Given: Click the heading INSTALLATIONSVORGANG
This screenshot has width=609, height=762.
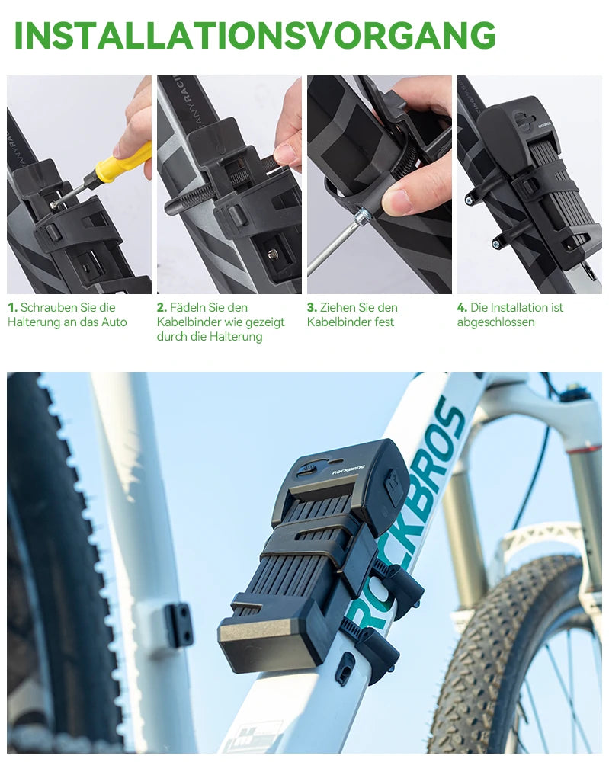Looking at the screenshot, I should click(255, 35).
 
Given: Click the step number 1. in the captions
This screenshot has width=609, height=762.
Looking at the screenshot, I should click(12, 308).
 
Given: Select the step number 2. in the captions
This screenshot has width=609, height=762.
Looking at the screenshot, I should click(162, 308).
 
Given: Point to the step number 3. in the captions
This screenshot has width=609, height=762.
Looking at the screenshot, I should click(312, 308).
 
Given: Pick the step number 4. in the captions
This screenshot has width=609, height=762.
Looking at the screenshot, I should click(462, 308).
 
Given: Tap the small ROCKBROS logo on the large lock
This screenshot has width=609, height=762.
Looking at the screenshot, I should click(348, 470).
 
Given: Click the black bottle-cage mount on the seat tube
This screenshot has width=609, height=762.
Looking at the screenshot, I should click(178, 625).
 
